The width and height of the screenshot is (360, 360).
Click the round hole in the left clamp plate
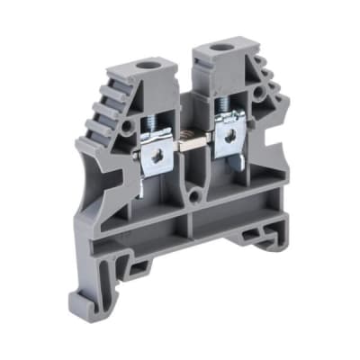pos(157,155)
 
